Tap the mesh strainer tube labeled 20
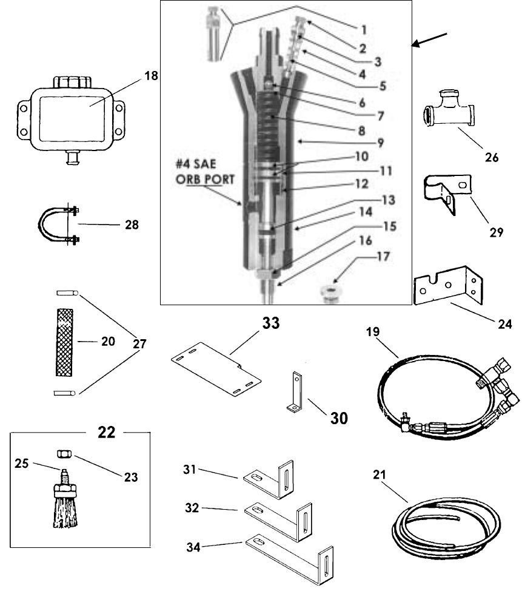pyautogui.click(x=64, y=342)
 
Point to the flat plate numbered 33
pyautogui.click(x=216, y=368)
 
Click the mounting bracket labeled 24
pyautogui.click(x=448, y=285)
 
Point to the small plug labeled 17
pyautogui.click(x=330, y=294)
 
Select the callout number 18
pyautogui.click(x=151, y=76)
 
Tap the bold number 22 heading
pyautogui.click(x=106, y=432)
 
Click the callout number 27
pyautogui.click(x=139, y=344)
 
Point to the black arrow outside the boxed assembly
pyautogui.click(x=429, y=40)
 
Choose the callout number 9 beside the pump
pyautogui.click(x=380, y=143)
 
